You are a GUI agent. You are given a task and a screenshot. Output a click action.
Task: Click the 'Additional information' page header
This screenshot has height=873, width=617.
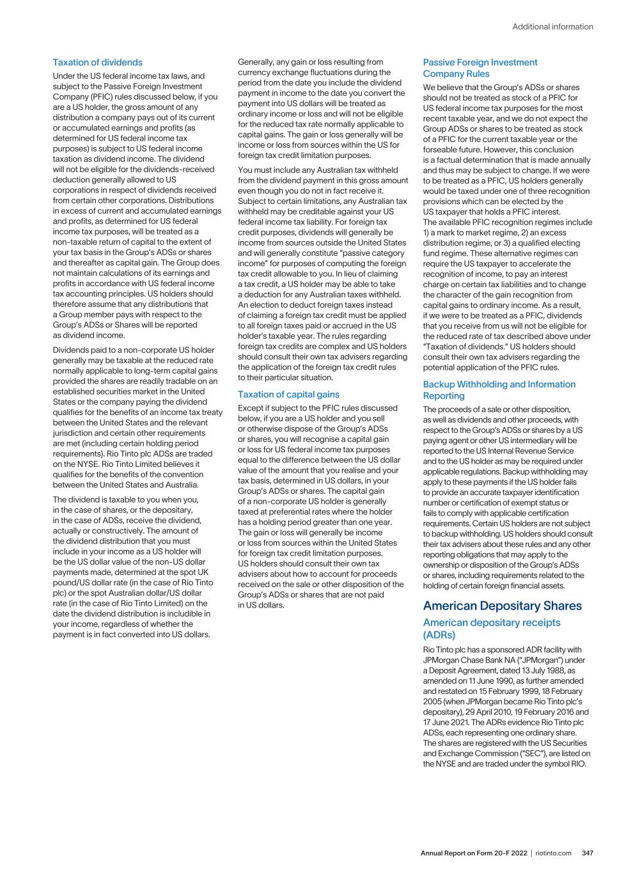coord(552,27)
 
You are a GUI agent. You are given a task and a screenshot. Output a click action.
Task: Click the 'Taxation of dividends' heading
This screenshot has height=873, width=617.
coord(97,62)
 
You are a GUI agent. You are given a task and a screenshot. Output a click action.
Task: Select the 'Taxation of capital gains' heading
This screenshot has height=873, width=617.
coord(288,395)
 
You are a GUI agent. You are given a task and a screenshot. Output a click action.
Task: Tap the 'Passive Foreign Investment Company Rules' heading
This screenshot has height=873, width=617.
coord(480,68)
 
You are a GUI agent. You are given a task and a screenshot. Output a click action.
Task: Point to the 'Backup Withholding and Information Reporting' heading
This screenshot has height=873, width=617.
coord(499,390)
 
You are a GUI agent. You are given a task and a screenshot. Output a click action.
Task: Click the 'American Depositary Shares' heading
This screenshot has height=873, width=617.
coord(502,606)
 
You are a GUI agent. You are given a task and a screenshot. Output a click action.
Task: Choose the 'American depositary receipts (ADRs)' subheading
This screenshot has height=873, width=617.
coord(491,628)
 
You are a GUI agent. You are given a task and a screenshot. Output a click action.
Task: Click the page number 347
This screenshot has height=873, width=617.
coord(588,853)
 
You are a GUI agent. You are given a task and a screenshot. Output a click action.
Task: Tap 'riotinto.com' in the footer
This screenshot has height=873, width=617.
coord(554,853)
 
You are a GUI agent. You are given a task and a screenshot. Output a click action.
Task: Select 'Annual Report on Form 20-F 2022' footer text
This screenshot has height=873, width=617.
coord(474,853)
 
